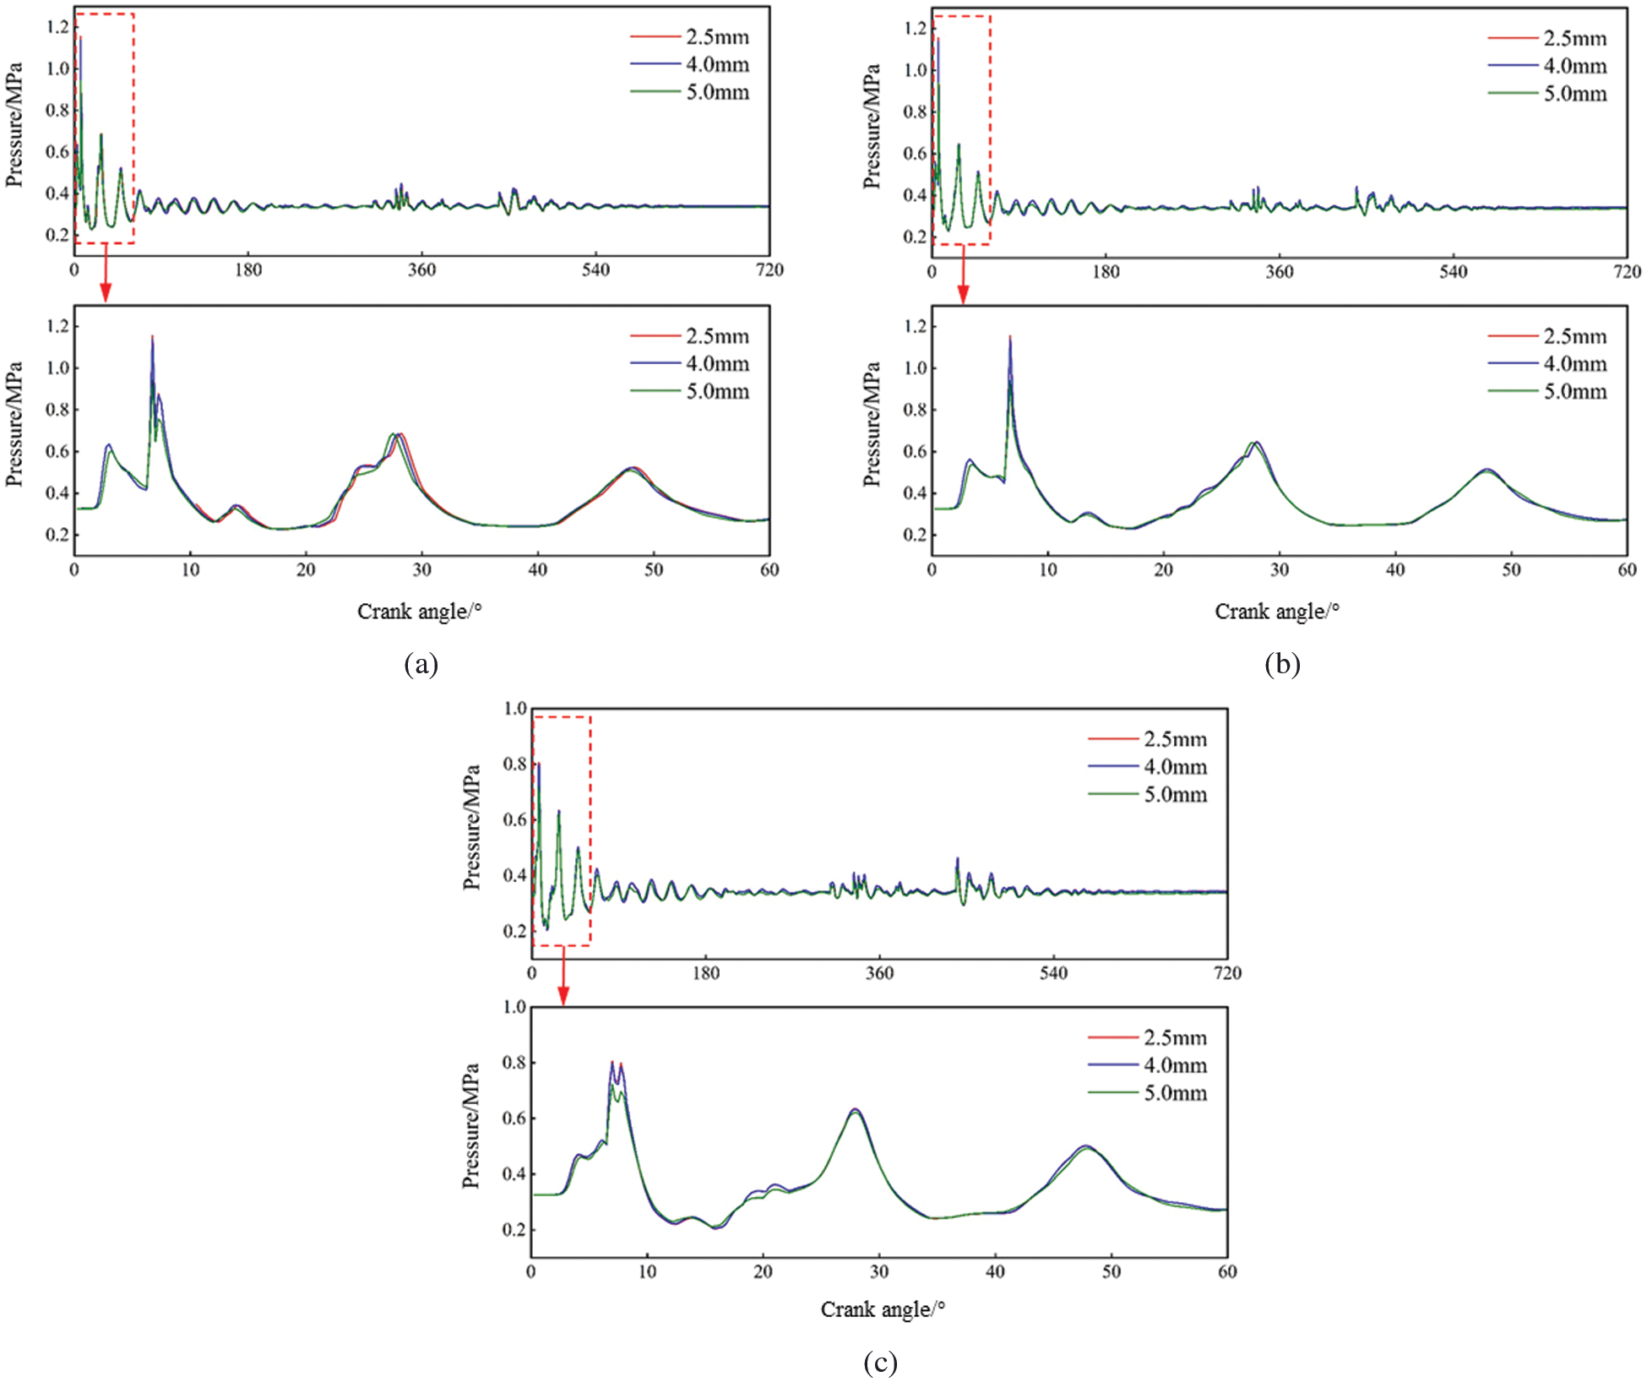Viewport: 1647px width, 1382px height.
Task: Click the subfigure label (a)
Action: [421, 665]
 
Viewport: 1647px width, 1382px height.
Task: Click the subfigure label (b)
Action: [1281, 665]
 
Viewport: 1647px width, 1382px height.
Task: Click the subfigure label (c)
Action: [880, 1362]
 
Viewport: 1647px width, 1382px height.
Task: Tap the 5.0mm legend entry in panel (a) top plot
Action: [716, 92]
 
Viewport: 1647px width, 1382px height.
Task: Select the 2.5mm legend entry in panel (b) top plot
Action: [1574, 39]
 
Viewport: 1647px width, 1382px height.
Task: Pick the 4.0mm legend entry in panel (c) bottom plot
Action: [1175, 1066]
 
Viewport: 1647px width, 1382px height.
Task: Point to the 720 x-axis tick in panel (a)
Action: [769, 270]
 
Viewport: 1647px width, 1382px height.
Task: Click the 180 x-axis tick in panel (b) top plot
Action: [1106, 272]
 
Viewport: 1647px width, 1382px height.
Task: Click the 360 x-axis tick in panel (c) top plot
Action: [879, 973]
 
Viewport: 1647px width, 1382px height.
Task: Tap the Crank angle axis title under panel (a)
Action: [419, 612]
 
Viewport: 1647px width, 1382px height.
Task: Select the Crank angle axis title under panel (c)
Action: [883, 1309]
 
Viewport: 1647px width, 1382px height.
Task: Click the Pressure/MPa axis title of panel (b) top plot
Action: [872, 127]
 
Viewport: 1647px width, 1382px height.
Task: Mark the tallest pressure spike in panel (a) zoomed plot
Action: [153, 337]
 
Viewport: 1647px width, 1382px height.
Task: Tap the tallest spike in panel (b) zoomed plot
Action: [1010, 337]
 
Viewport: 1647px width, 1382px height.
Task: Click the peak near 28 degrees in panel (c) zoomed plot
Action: [855, 1110]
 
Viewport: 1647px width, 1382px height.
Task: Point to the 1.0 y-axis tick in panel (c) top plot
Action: [515, 709]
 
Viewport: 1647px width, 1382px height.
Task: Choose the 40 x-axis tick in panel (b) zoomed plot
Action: [1395, 570]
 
